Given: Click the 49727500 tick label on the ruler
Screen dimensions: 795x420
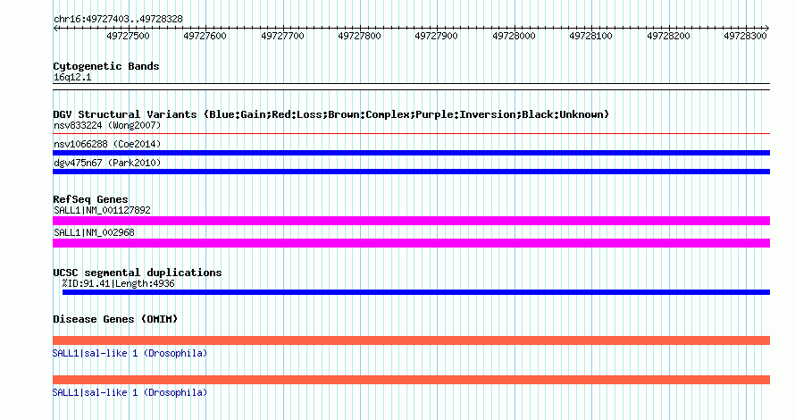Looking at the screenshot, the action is click(128, 36).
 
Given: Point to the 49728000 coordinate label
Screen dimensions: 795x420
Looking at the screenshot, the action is click(514, 36).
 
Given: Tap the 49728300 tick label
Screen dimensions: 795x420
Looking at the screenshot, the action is click(745, 36).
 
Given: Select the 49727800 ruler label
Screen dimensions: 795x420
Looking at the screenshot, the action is click(359, 36).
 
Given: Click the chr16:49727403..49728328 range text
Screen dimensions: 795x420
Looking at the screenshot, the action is click(118, 19).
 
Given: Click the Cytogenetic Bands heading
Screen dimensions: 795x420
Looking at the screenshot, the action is click(106, 66).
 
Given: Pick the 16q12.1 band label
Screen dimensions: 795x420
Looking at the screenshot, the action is click(72, 78).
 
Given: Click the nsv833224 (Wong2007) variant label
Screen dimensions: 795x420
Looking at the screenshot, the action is click(107, 125).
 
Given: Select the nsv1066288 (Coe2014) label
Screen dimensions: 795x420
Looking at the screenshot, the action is click(107, 144).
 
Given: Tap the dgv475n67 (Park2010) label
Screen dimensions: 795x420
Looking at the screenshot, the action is click(107, 163).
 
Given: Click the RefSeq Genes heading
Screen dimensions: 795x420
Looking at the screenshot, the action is click(90, 199).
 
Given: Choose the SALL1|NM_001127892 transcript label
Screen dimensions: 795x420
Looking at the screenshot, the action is click(102, 211).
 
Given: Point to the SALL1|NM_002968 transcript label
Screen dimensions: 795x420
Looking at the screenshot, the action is click(94, 233).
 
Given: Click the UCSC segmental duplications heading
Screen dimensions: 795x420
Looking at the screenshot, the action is click(138, 273).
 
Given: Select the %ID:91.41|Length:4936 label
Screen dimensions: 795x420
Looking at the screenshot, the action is click(118, 283).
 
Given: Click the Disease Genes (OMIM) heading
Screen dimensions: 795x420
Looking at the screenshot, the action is click(115, 319).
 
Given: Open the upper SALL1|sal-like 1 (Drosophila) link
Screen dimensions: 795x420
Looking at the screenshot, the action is click(130, 353).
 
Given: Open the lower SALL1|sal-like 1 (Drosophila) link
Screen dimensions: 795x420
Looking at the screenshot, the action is click(130, 392).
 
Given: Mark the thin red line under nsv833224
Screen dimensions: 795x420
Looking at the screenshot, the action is click(411, 134).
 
